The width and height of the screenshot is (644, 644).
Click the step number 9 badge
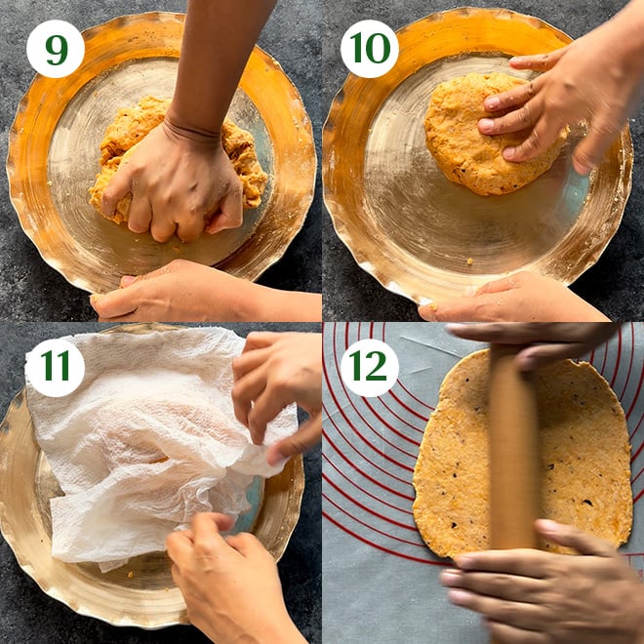click(56, 49)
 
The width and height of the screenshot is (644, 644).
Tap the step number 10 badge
click(369, 49)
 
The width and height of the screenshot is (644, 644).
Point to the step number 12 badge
click(369, 368)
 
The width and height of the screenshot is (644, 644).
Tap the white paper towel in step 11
click(152, 439)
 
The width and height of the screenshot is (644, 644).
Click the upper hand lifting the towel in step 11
click(275, 394)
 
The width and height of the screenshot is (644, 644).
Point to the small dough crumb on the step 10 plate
click(469, 261)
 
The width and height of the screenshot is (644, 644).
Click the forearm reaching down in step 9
click(214, 65)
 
